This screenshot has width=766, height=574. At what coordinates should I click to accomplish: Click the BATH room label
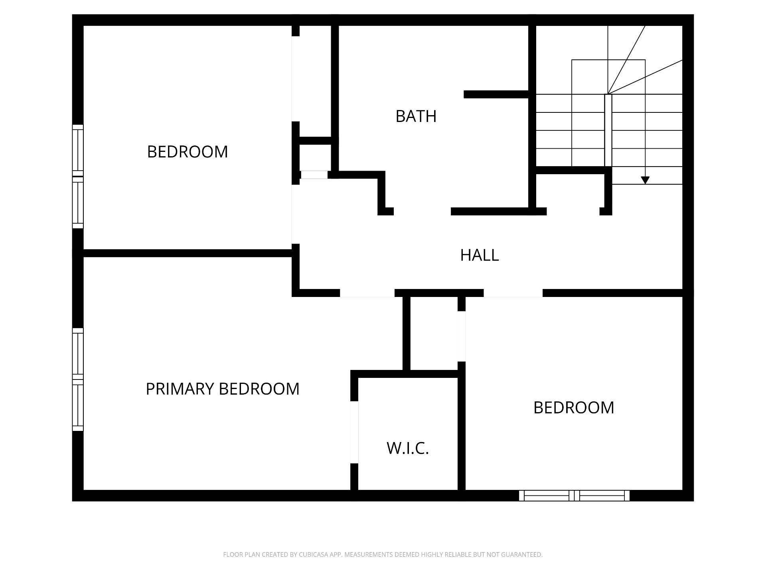(416, 116)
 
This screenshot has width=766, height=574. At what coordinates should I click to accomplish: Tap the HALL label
(480, 255)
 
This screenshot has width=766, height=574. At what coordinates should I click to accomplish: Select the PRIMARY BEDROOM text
(223, 389)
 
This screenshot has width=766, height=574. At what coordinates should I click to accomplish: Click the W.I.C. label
(408, 448)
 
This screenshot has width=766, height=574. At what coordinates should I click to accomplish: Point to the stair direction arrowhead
(645, 180)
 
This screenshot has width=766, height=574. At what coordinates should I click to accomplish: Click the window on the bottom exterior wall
(574, 495)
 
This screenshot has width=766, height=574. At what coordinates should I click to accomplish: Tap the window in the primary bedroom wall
(78, 379)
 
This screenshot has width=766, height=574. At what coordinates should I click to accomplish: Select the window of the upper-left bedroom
(78, 176)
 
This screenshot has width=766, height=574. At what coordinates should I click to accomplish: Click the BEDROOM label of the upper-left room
(188, 152)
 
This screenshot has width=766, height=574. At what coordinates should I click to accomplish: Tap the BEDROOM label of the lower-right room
(574, 408)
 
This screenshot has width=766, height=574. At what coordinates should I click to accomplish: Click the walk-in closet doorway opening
(354, 432)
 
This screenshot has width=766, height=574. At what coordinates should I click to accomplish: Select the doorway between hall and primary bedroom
(367, 293)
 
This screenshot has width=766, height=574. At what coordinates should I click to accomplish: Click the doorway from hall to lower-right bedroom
(513, 293)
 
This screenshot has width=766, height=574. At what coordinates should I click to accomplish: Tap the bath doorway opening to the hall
(422, 211)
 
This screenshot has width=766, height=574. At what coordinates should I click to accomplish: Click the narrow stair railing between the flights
(608, 130)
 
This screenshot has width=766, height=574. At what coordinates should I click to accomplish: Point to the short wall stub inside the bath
(496, 94)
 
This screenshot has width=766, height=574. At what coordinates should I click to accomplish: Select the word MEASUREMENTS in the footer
(368, 554)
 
